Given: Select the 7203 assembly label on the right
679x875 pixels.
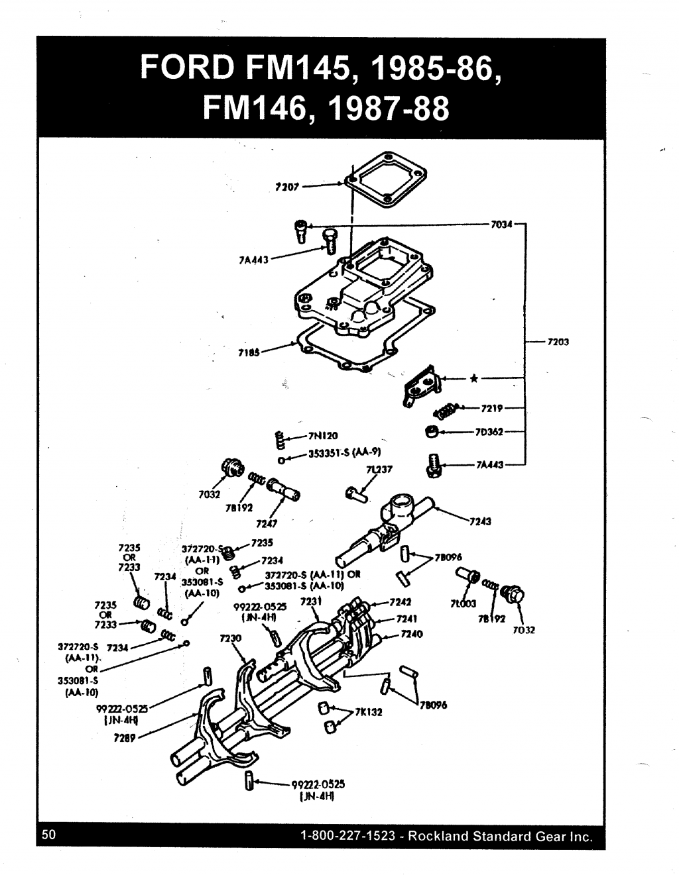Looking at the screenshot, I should pyautogui.click(x=558, y=342).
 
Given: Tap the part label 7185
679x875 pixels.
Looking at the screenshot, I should pyautogui.click(x=248, y=352).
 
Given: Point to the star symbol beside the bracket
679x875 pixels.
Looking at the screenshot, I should pyautogui.click(x=473, y=380).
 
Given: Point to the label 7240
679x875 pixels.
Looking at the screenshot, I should pyautogui.click(x=412, y=634).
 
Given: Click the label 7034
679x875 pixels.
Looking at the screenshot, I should pyautogui.click(x=501, y=225).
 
